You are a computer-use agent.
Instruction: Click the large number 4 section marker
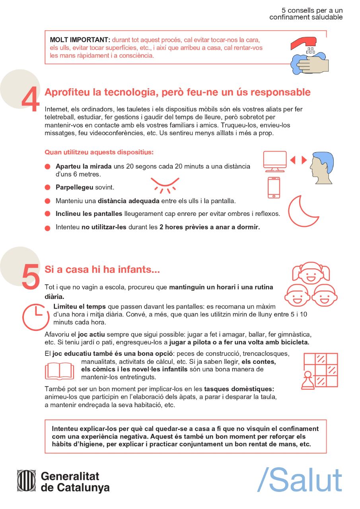31,99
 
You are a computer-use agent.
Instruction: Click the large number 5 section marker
31,276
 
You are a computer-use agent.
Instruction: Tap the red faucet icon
304,43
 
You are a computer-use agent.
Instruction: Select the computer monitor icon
275,161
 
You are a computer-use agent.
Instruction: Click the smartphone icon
274,187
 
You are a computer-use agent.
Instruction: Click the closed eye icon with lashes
165,185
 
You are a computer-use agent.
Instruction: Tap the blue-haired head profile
321,168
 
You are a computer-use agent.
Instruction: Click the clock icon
36,317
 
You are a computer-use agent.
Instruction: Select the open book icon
60,371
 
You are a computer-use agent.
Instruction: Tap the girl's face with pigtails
311,273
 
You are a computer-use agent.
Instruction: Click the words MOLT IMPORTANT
80,40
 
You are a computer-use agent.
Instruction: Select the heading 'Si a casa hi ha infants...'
102,269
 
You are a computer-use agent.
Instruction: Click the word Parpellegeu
74,187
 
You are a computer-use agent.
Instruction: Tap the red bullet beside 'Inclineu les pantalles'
47,214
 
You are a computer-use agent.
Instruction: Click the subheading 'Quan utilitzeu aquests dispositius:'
99,152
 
